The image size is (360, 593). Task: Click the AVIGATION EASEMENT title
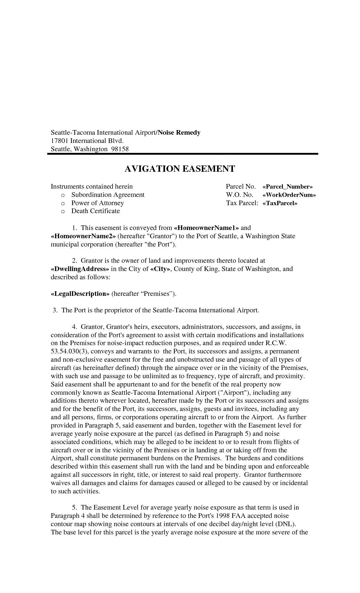(x=180, y=169)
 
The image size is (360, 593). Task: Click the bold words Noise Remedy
(x=179, y=133)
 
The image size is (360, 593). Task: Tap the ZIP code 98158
(x=120, y=149)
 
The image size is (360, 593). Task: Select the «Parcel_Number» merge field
(x=287, y=187)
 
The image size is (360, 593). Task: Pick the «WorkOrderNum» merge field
(x=289, y=195)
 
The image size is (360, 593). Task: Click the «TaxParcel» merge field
(x=280, y=203)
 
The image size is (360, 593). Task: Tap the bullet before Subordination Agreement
(x=63, y=195)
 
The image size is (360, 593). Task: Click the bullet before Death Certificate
(x=63, y=211)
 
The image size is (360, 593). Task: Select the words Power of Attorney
(x=98, y=203)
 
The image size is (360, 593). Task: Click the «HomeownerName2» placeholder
(x=83, y=236)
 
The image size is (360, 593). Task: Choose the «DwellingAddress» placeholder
(x=80, y=269)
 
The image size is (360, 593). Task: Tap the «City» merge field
(x=160, y=269)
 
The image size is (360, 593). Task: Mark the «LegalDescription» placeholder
(x=80, y=294)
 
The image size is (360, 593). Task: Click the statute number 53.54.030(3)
(x=70, y=351)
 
